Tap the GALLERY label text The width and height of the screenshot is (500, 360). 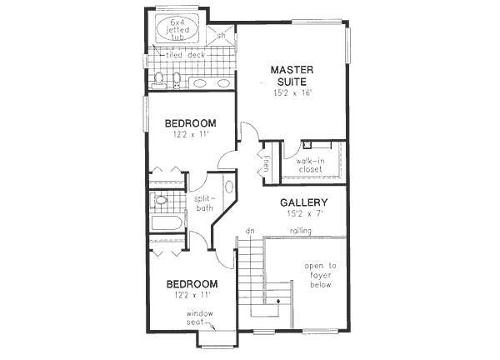tap(302, 202)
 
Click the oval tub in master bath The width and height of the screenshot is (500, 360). tap(176, 27)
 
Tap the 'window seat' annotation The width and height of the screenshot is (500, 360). tap(200, 317)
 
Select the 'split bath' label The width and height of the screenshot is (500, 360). tap(203, 203)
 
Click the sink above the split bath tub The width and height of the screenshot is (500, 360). tap(162, 200)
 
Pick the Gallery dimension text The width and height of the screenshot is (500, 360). tap(302, 215)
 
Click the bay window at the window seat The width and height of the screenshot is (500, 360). tap(215, 340)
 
